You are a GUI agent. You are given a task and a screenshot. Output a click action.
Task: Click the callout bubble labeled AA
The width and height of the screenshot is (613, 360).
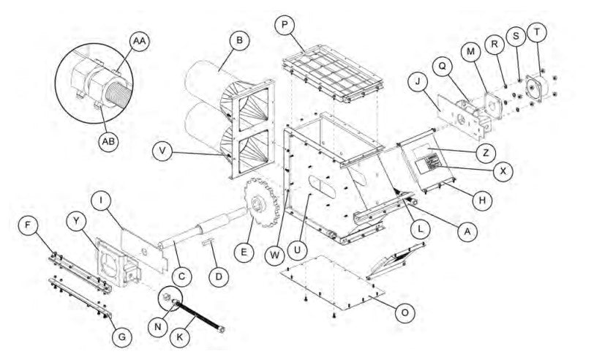click(x=138, y=42)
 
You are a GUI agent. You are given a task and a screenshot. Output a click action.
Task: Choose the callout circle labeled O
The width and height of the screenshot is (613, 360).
click(x=403, y=311)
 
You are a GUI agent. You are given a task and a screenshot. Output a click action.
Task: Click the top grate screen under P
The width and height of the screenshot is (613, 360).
click(x=330, y=73)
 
